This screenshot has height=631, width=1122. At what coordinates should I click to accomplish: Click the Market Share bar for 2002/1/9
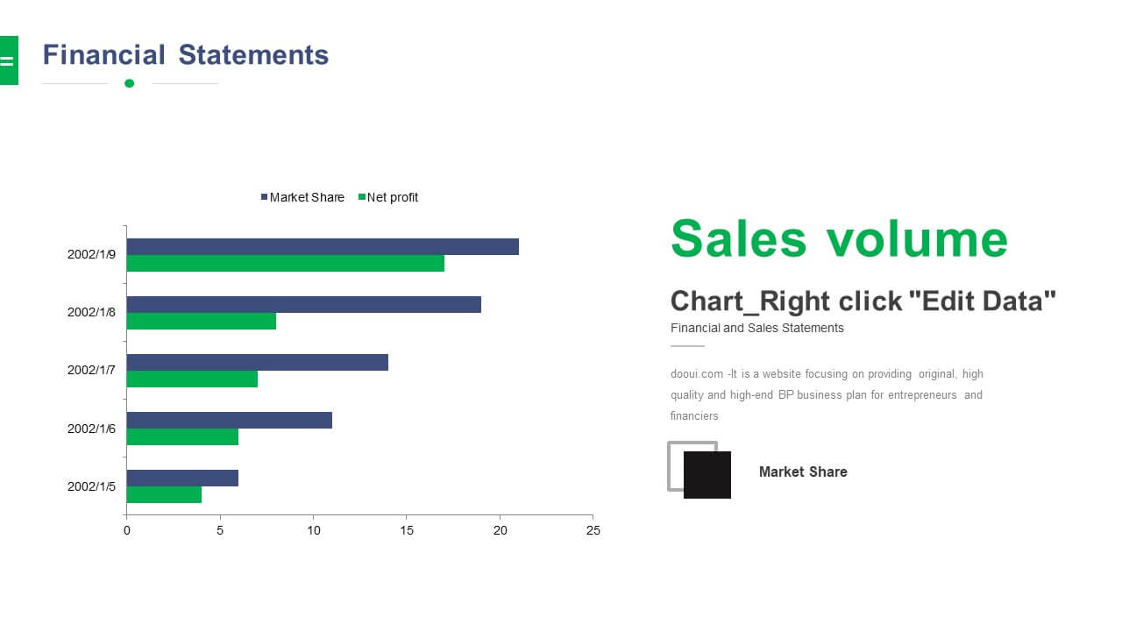(323, 247)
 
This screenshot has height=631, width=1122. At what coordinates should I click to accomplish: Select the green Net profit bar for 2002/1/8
(202, 322)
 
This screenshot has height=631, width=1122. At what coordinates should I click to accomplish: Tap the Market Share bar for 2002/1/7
(258, 363)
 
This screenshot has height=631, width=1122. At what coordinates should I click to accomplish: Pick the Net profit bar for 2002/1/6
(182, 436)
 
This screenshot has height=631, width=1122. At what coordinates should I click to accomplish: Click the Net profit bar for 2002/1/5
(164, 495)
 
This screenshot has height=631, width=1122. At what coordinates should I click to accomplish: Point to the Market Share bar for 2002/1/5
(182, 479)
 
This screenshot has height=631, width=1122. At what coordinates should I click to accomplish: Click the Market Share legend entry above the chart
(302, 197)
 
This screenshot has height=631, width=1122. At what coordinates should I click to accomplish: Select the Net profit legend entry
(388, 197)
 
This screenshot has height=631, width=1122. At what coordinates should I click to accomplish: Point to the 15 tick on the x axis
(407, 530)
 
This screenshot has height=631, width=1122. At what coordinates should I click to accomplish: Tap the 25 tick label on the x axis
(593, 530)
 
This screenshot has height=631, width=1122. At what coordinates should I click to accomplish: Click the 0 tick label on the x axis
(127, 530)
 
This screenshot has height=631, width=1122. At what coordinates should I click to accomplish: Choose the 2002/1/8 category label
(91, 313)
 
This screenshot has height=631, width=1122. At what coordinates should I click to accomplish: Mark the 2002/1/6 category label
(91, 429)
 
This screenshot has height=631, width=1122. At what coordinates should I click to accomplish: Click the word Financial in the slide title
(103, 54)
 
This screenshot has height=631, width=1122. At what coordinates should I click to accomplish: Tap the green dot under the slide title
(129, 83)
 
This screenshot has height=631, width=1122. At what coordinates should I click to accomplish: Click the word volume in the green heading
(917, 239)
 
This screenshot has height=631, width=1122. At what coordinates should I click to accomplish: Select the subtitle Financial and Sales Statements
(756, 328)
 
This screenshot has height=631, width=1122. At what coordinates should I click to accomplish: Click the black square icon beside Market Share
(707, 475)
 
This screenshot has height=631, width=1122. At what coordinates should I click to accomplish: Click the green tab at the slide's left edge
(9, 60)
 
